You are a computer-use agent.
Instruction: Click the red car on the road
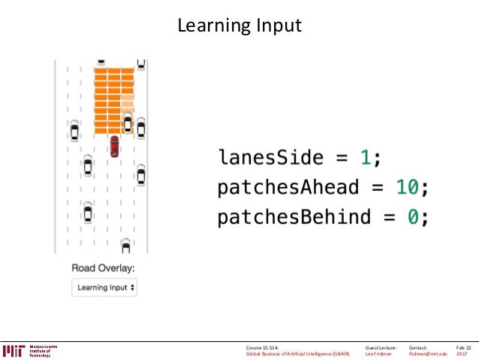pos(114,145)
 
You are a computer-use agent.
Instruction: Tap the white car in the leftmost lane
pos(74,132)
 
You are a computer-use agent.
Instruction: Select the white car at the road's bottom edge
pos(125,245)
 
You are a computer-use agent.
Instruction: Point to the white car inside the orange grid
pos(128,122)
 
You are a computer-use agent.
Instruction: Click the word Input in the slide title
pos(276,26)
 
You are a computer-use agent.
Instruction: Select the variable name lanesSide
pos(271,159)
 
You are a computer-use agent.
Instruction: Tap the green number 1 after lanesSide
pos(365,159)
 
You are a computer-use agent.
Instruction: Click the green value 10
pos(406,187)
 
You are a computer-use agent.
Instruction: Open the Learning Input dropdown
pos(105,287)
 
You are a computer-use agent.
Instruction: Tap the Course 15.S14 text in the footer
pos(262,347)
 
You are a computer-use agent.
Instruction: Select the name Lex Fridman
pos(378,353)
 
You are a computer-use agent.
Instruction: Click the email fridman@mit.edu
pos(428,353)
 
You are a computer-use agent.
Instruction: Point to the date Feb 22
pos(463,347)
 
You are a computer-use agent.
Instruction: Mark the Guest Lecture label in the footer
pos(381,347)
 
